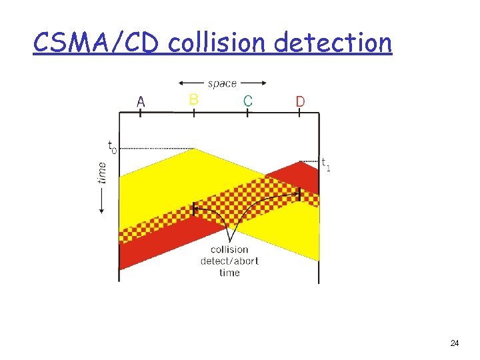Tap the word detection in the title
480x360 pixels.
point(333,43)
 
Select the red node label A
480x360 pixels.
point(141,101)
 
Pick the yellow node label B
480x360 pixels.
point(193,99)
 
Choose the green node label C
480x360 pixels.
point(247,101)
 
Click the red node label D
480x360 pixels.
point(300,101)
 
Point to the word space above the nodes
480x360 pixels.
point(222,83)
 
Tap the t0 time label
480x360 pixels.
point(111,146)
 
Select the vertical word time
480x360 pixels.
point(102,173)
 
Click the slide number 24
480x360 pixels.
point(454,343)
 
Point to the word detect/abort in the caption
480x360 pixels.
point(229,261)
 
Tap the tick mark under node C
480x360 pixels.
point(247,113)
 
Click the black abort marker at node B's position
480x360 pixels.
point(194,208)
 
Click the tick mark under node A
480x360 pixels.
point(141,113)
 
